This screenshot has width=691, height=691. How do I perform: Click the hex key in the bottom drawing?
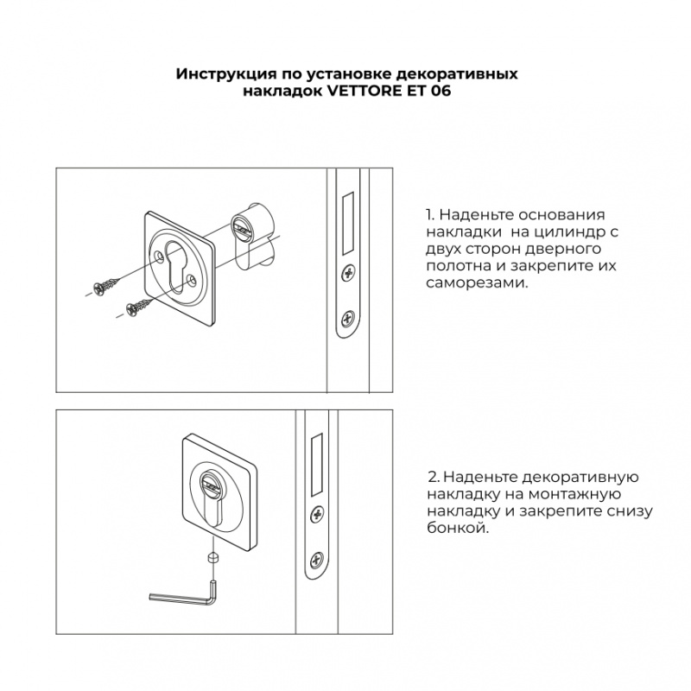tap(186, 596)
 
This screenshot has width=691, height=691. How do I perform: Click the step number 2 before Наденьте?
tap(433, 477)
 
